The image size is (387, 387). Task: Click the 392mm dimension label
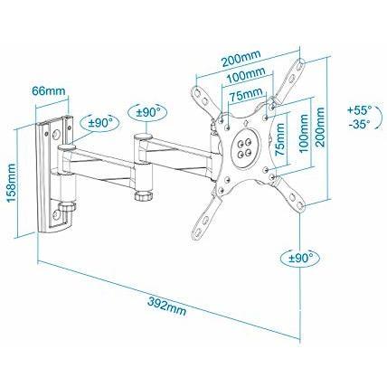(x=166, y=307)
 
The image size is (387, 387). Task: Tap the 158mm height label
(x=11, y=183)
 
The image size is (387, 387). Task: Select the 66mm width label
(x=49, y=90)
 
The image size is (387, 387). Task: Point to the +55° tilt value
(x=359, y=109)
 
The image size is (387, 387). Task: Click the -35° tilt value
(x=360, y=124)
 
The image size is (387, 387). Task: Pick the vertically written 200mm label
(x=319, y=127)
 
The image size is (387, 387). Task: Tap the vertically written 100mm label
(x=304, y=133)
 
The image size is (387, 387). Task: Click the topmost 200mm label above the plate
(x=241, y=59)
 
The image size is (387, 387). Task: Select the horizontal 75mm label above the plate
(x=246, y=96)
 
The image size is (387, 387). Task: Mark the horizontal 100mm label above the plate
(x=246, y=75)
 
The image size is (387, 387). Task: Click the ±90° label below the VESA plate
(x=300, y=258)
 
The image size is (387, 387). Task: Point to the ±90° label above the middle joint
(x=147, y=112)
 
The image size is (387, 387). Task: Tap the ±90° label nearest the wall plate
(x=100, y=123)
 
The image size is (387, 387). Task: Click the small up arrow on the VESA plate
(x=245, y=123)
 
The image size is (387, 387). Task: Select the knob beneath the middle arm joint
(x=144, y=196)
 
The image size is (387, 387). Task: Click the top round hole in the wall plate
(x=56, y=134)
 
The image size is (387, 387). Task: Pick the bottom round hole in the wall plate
(x=56, y=215)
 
